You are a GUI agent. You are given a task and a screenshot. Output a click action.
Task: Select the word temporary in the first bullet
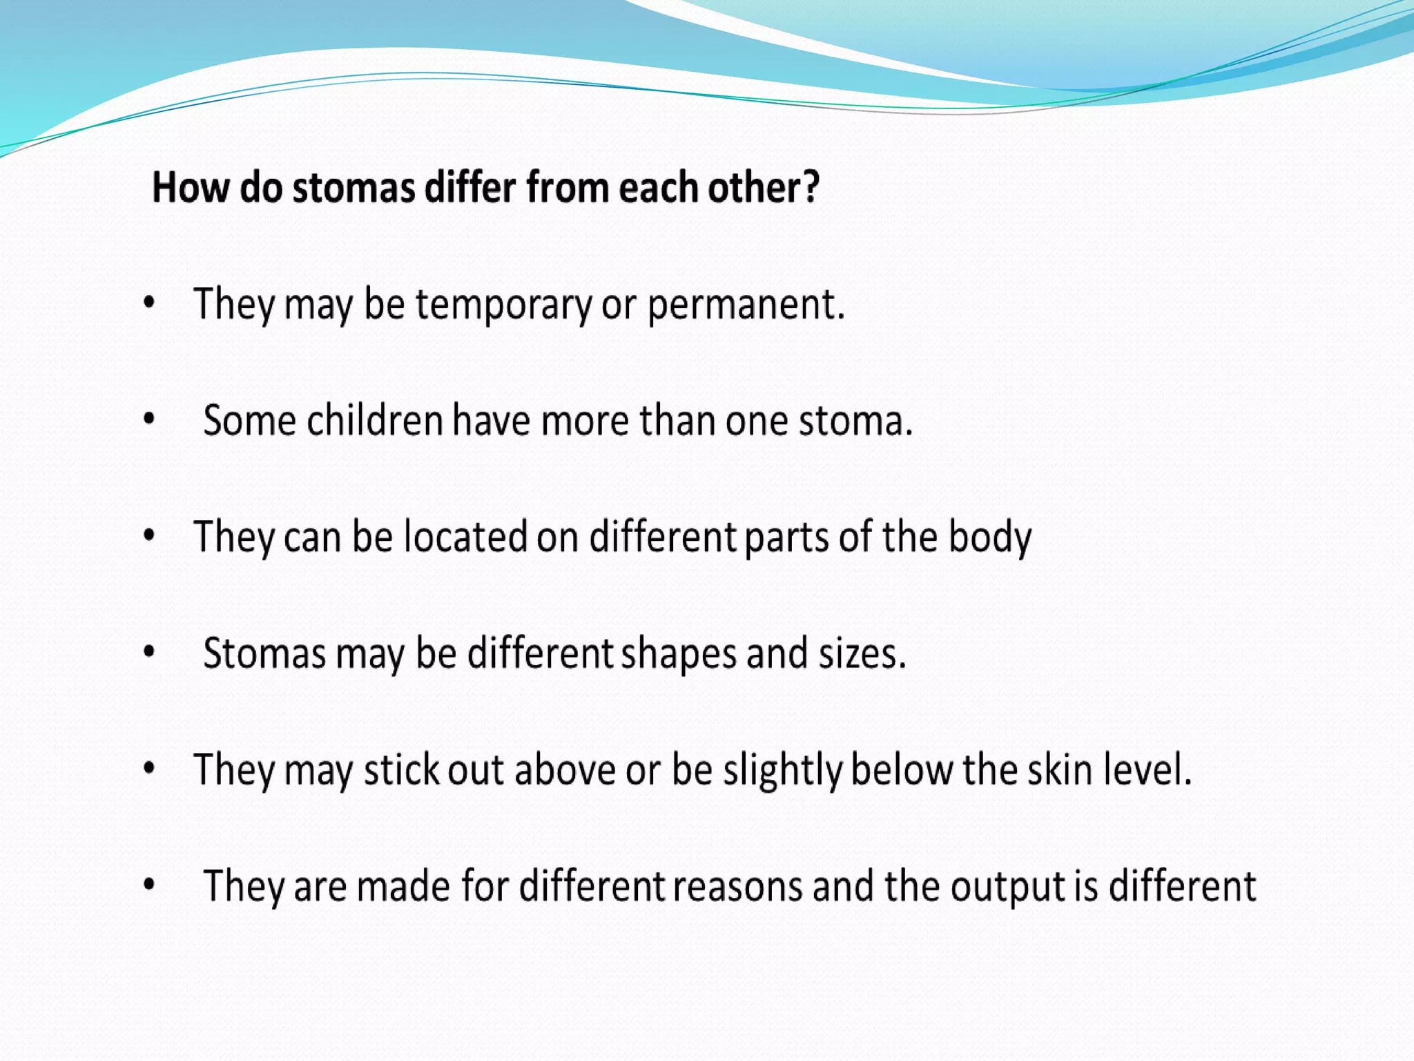point(503,305)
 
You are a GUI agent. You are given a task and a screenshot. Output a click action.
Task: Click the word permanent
point(745,305)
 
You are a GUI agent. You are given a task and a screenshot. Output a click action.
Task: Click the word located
point(466,537)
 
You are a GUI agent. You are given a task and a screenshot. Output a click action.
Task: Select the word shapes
point(679,653)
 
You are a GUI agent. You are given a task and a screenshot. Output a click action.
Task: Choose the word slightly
point(782,770)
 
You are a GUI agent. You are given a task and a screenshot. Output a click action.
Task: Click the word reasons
point(737,886)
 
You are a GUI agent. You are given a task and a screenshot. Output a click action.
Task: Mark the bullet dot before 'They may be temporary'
point(148,303)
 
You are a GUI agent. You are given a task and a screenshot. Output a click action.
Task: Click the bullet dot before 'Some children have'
point(148,419)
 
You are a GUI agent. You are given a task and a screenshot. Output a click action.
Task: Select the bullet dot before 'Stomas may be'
point(148,651)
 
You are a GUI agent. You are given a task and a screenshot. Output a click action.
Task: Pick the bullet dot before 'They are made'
point(148,884)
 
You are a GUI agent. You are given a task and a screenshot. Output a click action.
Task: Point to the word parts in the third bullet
point(787,537)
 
